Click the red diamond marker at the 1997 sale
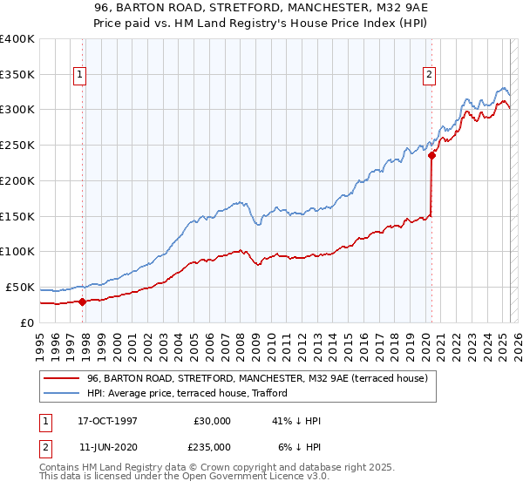(x=83, y=302)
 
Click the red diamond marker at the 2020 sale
(x=431, y=156)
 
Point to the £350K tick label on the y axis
(x=17, y=74)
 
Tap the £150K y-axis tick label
(x=17, y=216)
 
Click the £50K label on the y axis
(x=20, y=287)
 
